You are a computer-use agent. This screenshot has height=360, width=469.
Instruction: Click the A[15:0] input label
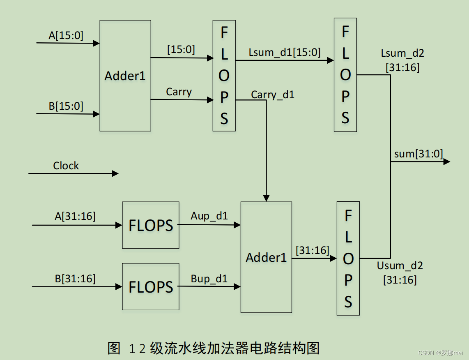click(66, 36)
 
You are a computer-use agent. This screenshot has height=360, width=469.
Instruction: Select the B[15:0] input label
click(66, 106)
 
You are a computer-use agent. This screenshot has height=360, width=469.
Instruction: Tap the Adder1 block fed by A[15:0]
click(125, 76)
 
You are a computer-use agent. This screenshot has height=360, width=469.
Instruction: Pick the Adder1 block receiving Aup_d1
click(266, 257)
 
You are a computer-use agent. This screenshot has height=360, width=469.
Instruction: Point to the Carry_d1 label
click(273, 95)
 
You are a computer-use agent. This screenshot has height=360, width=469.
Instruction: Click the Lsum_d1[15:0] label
click(285, 52)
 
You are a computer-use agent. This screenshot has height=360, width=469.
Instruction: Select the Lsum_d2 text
click(402, 53)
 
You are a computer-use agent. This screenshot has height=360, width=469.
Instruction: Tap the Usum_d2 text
click(400, 265)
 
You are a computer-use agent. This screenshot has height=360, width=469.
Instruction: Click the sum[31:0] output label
click(418, 154)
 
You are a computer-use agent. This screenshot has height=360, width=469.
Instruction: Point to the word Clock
click(66, 166)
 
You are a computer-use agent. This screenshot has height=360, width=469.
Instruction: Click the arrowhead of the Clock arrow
click(115, 173)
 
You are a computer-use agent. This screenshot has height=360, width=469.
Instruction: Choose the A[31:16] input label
click(75, 216)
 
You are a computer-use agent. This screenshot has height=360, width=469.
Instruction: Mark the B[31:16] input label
click(75, 279)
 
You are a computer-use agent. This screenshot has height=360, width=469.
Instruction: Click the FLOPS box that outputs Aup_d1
click(151, 225)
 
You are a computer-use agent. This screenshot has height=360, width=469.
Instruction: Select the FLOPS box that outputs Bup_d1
click(151, 286)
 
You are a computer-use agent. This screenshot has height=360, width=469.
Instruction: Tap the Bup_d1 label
click(209, 279)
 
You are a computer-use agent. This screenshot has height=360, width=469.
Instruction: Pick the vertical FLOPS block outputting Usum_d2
click(348, 258)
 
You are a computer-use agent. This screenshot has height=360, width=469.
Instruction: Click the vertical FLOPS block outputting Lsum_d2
click(345, 75)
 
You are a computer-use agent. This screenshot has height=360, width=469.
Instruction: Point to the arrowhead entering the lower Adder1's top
click(266, 198)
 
